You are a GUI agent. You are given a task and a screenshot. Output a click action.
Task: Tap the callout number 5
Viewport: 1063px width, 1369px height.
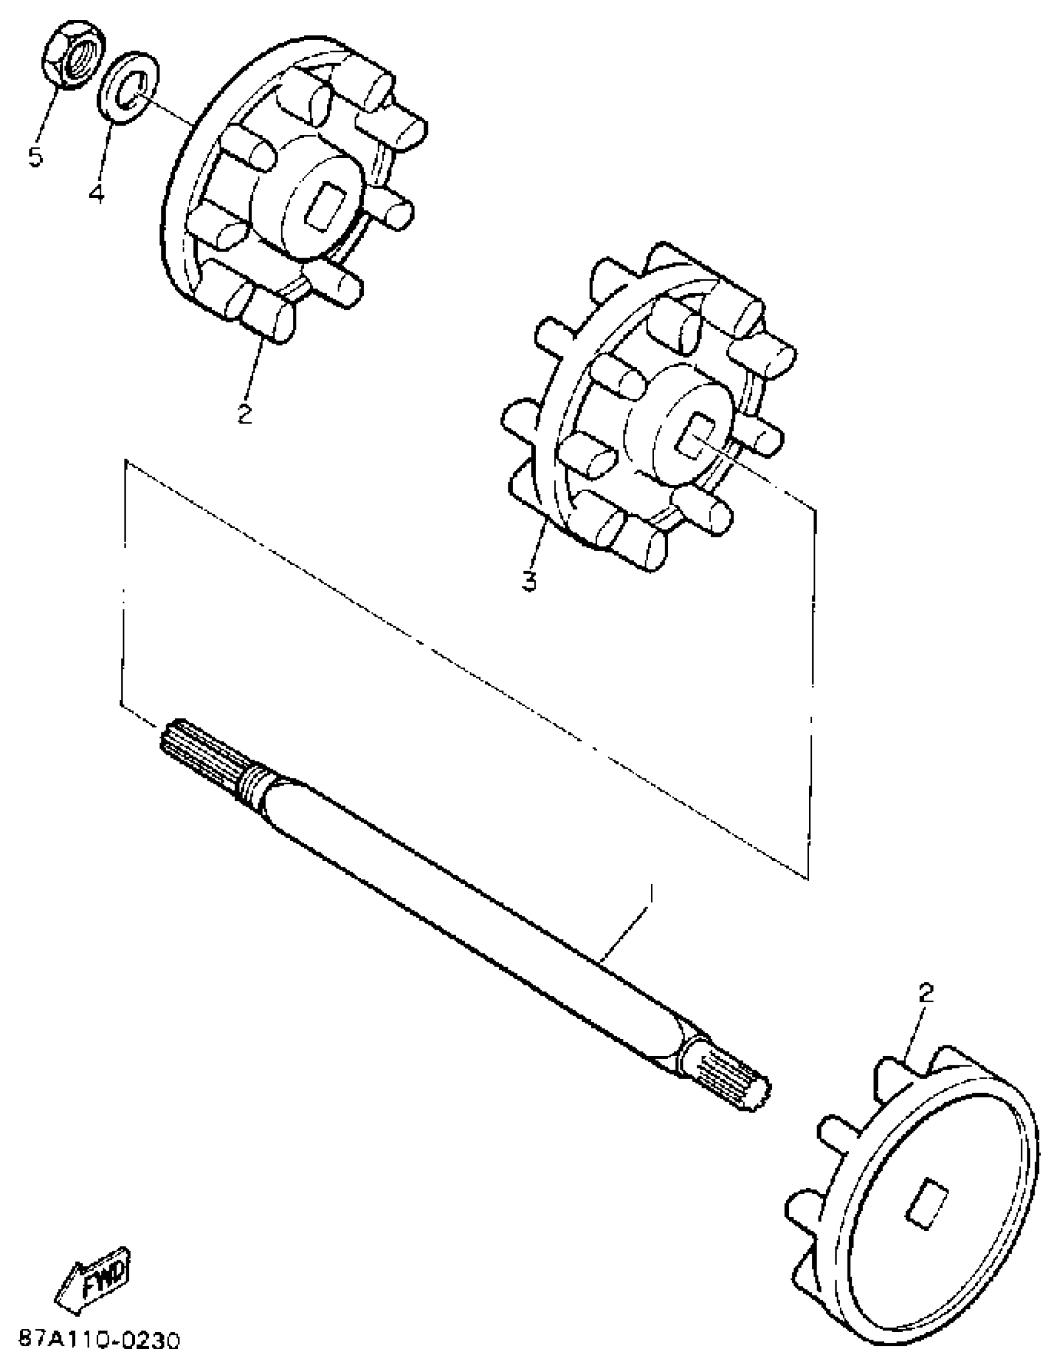(x=36, y=157)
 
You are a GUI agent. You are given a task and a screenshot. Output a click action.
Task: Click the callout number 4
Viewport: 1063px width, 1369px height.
(x=95, y=193)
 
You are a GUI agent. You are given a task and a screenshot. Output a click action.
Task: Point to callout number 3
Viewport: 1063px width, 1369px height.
(x=529, y=581)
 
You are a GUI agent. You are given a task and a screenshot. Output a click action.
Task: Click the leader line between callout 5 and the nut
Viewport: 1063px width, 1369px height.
(x=49, y=120)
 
